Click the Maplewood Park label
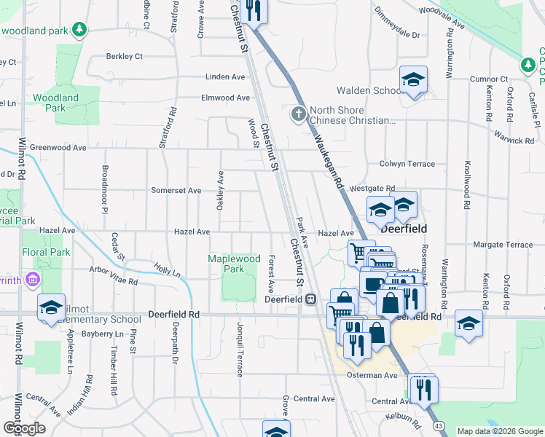point(233,264)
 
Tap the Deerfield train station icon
point(310,299)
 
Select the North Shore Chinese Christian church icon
point(298,114)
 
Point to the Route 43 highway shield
point(438,425)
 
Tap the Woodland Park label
point(55,103)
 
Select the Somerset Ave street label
point(176,191)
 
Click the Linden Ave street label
point(225,76)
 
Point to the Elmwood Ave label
point(226,98)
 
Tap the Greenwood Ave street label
point(58,147)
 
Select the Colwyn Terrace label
point(407,165)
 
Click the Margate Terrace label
point(503,245)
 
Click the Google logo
point(24,428)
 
